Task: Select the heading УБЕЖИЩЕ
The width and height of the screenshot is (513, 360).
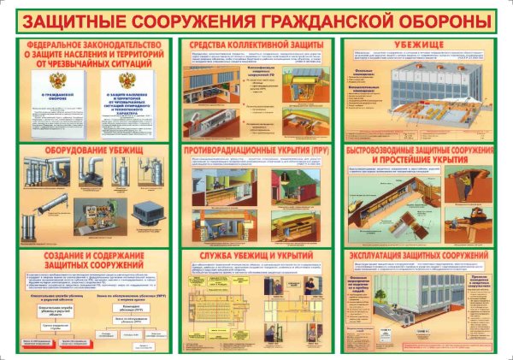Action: [x=419, y=43]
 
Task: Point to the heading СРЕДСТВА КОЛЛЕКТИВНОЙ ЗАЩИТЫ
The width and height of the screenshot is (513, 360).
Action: [x=256, y=43]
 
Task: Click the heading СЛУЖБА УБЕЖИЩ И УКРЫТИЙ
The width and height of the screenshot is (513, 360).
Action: [x=256, y=256]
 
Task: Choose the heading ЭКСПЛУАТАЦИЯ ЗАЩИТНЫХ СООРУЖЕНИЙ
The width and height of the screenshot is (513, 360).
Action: [x=419, y=256]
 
